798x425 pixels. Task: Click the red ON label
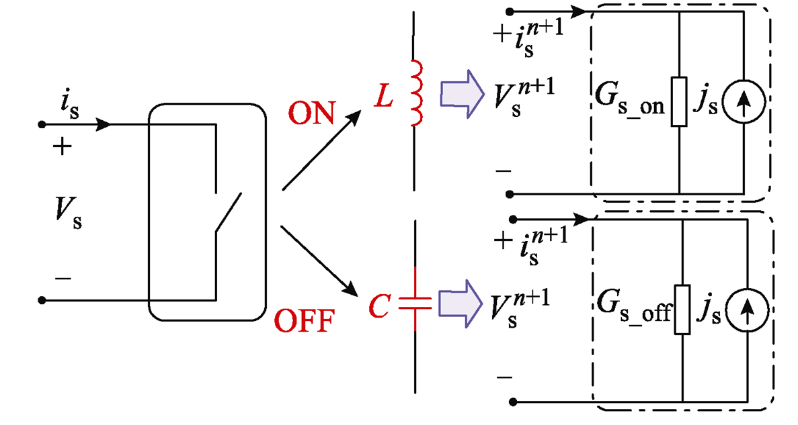coord(312,114)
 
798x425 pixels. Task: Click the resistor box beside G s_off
coord(682,310)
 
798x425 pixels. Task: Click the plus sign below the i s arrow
coord(63,148)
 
